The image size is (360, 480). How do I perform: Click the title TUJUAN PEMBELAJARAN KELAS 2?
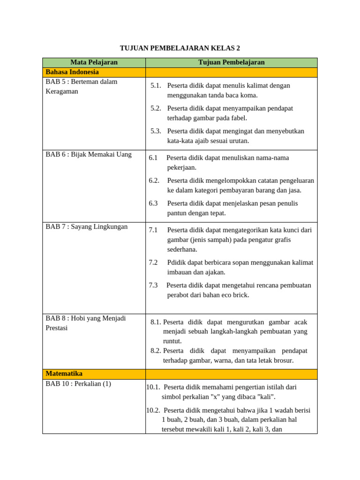pos(180,48)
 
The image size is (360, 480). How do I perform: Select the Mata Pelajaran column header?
pos(94,62)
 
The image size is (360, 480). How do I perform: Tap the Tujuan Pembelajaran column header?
pos(231,62)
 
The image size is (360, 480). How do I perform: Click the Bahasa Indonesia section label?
pos(72,72)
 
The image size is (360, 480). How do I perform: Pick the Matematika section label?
pos(64,374)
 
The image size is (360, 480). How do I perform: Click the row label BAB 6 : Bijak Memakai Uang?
pos(89,154)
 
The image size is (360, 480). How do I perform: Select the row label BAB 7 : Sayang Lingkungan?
pos(87,227)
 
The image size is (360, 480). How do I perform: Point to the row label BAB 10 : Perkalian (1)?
pos(78,384)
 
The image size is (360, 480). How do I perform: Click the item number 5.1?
pos(156,86)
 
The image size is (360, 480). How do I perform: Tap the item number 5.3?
pos(156,131)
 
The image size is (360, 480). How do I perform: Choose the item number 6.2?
pos(154,180)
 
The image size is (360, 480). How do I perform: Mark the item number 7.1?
pos(153,230)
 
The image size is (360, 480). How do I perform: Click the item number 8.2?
pos(156,351)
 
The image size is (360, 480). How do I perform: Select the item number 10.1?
pos(153,387)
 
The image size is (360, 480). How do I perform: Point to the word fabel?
pos(238,118)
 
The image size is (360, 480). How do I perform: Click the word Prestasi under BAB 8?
pos(57,328)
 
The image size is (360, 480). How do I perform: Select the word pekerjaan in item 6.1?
pos(182,167)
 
